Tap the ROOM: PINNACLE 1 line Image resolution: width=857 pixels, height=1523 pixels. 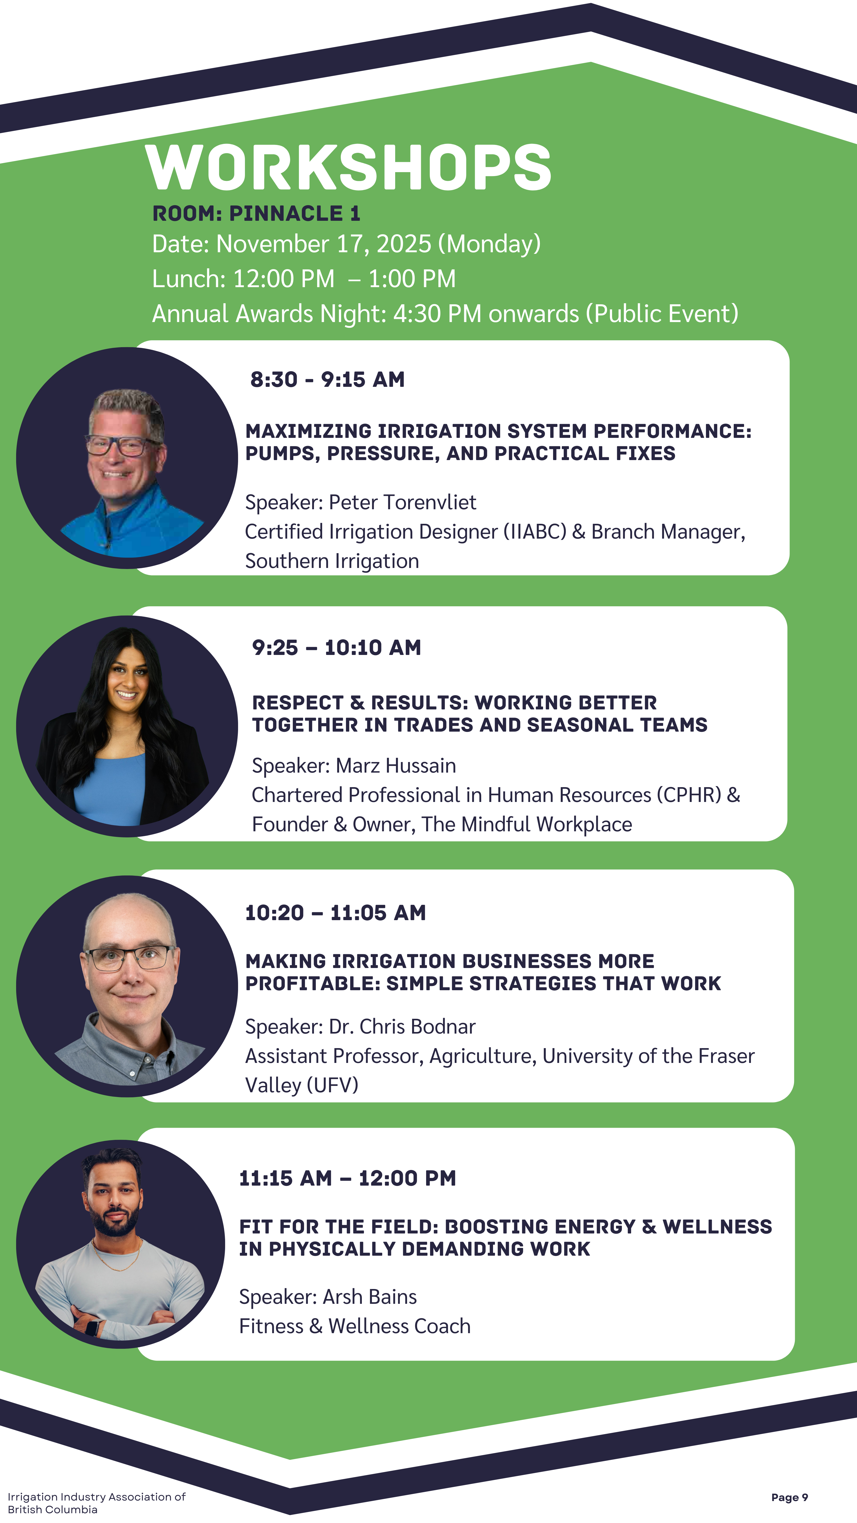(x=256, y=213)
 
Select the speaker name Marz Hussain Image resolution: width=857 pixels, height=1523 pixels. (x=396, y=766)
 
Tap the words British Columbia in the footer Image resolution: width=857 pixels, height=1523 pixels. (x=53, y=1510)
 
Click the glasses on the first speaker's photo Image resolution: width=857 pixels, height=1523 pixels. (x=123, y=444)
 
